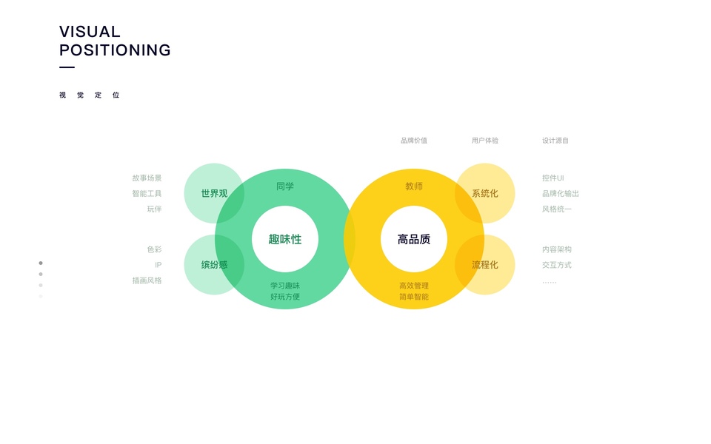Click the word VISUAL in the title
[90, 32]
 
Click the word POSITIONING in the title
[115, 50]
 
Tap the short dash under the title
[67, 67]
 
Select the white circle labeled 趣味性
[285, 239]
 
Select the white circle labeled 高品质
[414, 239]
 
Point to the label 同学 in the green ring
[285, 186]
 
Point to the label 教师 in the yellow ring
[414, 186]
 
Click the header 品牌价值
[414, 141]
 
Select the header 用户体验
[485, 141]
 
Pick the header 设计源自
[555, 141]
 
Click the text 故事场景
[147, 178]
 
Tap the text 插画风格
[147, 280]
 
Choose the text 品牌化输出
[561, 194]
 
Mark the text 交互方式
[557, 265]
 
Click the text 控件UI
[553, 178]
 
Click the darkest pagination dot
[41, 263]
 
